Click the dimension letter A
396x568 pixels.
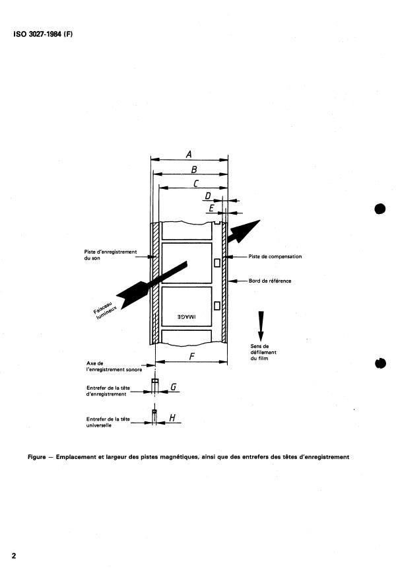click(189, 155)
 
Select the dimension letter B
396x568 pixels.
click(193, 170)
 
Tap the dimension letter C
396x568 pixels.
click(196, 184)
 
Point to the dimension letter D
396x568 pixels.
click(208, 196)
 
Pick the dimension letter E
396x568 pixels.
click(211, 208)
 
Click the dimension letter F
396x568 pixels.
click(192, 357)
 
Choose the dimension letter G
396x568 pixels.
click(174, 387)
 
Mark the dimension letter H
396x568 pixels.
click(172, 417)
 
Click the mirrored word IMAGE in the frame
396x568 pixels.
click(187, 316)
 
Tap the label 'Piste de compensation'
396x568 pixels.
click(275, 256)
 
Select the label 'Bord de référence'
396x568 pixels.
click(270, 281)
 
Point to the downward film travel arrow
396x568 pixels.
click(261, 326)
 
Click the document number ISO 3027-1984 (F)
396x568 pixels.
click(43, 34)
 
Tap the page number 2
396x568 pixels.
click(14, 555)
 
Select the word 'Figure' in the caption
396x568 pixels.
click(37, 457)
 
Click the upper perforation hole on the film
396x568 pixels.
click(217, 263)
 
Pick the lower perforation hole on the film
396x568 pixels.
click(217, 306)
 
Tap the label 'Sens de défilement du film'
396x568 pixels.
click(263, 352)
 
